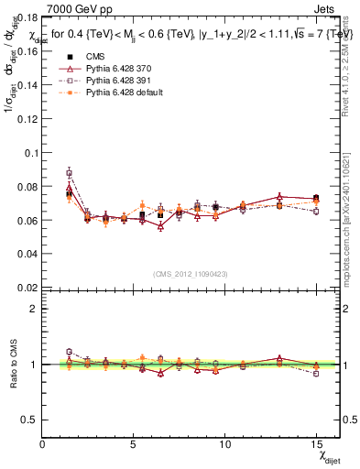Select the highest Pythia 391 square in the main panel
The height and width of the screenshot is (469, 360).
tap(69, 173)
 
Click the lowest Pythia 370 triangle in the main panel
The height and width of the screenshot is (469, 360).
tap(160, 226)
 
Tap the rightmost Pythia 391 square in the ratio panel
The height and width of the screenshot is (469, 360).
tap(315, 374)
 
